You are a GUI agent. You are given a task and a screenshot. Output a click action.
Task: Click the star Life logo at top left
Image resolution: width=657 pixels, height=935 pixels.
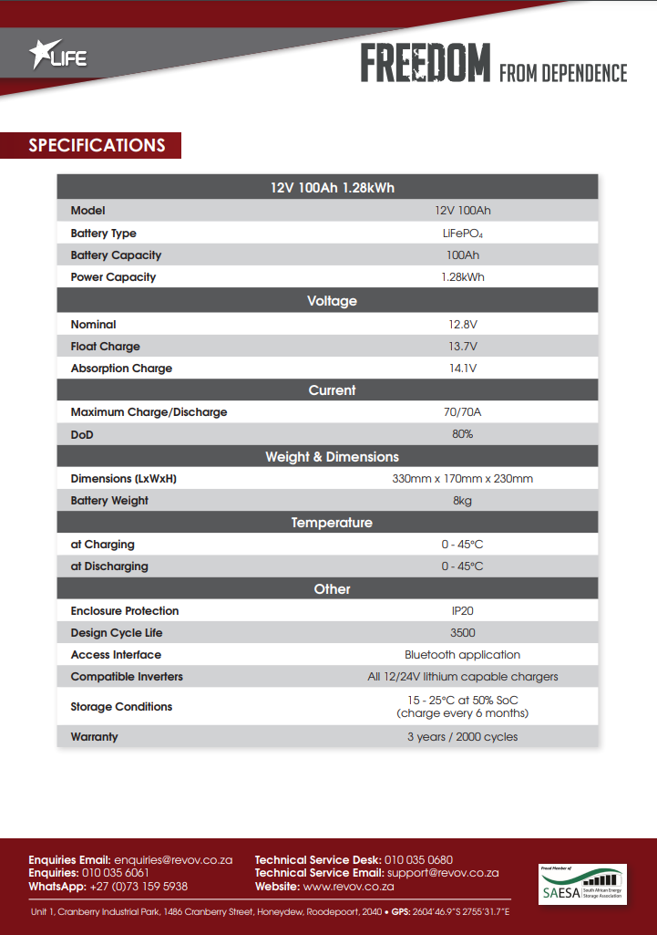click(x=58, y=57)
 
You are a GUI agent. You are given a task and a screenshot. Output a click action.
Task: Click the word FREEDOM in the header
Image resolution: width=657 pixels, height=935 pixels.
click(x=425, y=64)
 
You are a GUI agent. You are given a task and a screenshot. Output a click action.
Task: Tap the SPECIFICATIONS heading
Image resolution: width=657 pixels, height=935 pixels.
click(x=98, y=145)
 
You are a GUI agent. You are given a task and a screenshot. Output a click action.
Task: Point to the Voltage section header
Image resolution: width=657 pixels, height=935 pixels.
click(x=332, y=301)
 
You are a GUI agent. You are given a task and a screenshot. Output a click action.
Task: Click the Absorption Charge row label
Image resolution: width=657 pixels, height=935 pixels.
click(x=121, y=369)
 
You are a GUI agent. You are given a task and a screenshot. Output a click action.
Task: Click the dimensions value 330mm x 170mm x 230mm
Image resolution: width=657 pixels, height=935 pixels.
click(x=462, y=479)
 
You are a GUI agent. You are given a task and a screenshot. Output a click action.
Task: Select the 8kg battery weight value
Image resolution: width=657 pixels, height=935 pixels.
click(x=462, y=501)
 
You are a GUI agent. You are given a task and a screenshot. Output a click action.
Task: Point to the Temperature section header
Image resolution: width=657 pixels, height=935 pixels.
click(x=332, y=523)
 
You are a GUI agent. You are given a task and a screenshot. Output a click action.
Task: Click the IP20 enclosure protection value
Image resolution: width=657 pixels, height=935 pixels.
click(x=462, y=611)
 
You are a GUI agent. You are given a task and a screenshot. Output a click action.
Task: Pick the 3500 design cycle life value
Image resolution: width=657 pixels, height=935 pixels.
click(x=462, y=633)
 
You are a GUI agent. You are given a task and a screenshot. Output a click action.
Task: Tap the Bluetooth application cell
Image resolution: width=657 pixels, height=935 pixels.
click(x=462, y=655)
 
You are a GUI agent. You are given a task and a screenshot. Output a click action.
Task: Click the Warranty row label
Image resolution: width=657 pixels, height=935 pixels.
click(x=94, y=736)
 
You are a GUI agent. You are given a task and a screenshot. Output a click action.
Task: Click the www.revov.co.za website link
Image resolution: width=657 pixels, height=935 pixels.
click(x=348, y=886)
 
